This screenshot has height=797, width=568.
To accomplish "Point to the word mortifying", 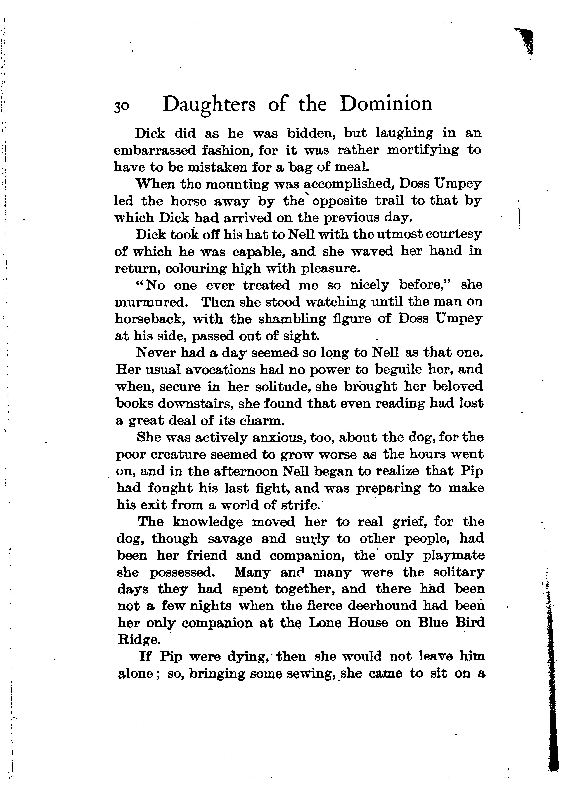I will pos(422,151).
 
